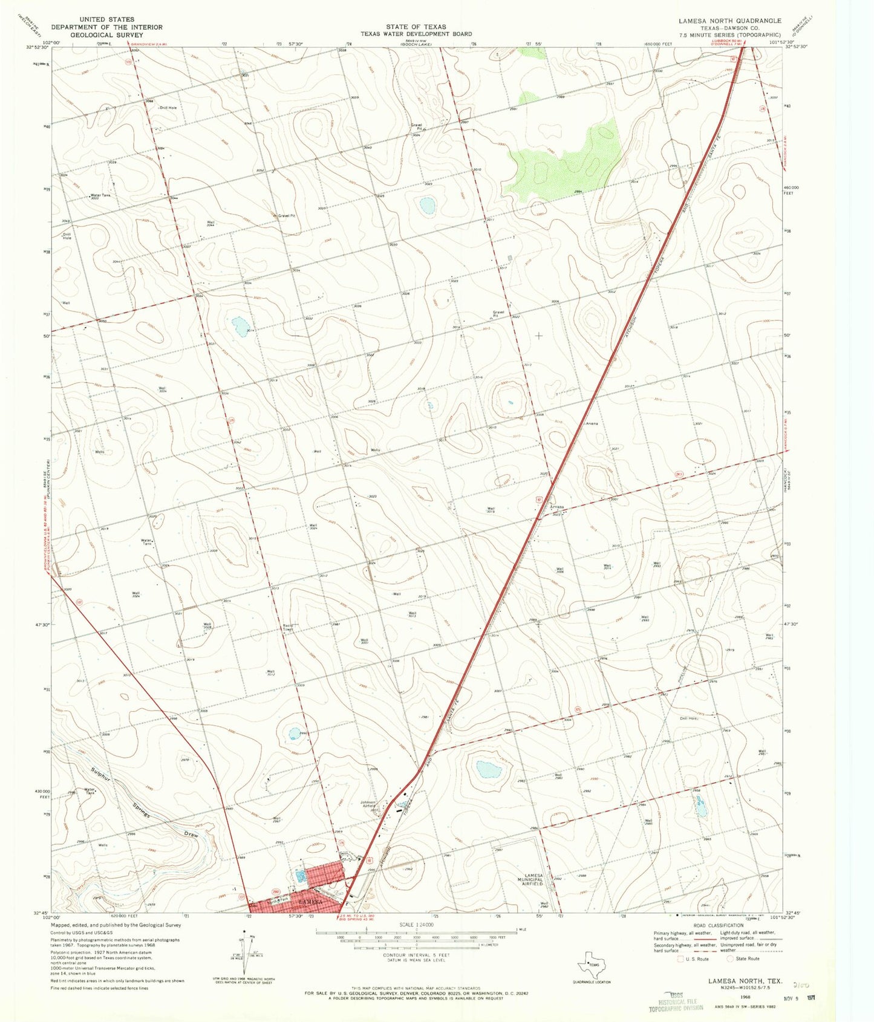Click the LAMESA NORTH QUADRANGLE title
pos(729,21)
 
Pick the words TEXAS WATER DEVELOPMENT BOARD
pos(416,34)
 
